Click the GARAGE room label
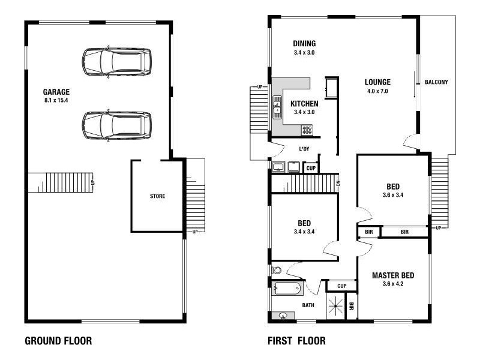point(56,92)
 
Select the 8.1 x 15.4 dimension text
point(56,100)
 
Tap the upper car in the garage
point(117,62)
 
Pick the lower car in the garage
point(117,125)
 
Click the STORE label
point(157,196)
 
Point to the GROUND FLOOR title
point(58,341)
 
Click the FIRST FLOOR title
point(296,341)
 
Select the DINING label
point(304,44)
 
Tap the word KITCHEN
point(304,104)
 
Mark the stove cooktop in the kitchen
point(307,128)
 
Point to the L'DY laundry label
point(304,149)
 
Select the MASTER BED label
point(393,275)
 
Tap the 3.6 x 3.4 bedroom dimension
point(393,195)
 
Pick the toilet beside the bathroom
point(277,271)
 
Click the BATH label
point(308,305)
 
